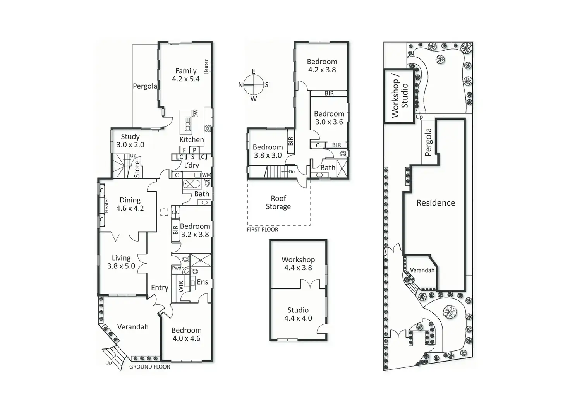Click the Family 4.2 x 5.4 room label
[x=186, y=75]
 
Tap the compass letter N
[x=240, y=85]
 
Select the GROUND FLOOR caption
[x=149, y=367]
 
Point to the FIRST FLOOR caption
[x=263, y=230]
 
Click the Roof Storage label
[x=278, y=202]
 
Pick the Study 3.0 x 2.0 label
[x=130, y=141]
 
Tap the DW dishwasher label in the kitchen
[x=196, y=113]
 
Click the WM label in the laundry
[x=206, y=175]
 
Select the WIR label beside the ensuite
[x=181, y=286]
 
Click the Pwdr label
[x=178, y=268]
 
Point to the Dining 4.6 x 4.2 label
[x=130, y=204]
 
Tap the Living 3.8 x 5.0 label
[x=121, y=262]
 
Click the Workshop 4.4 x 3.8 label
[x=298, y=263]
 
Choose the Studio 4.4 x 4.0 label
[x=298, y=314]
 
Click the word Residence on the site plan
[x=436, y=203]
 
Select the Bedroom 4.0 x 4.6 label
[x=186, y=334]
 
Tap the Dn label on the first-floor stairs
[x=292, y=171]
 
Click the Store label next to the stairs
[x=137, y=169]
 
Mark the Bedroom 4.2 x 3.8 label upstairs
[x=322, y=65]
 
